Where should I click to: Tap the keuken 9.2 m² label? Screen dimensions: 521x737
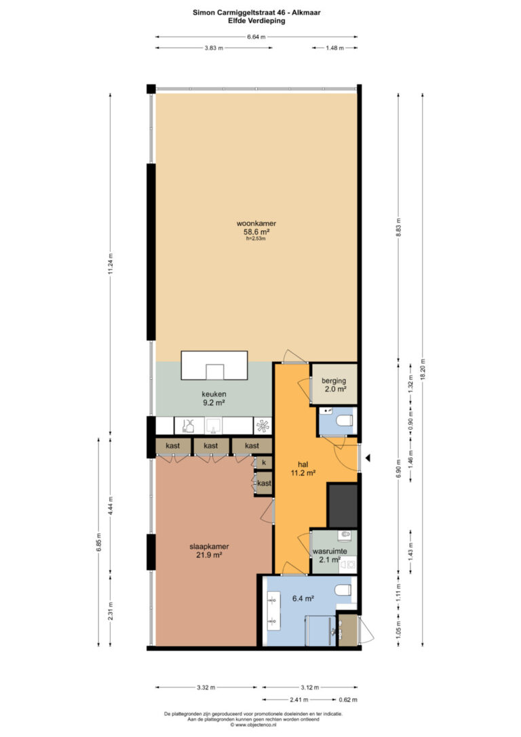click(214, 398)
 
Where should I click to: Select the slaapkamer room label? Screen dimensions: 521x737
click(209, 550)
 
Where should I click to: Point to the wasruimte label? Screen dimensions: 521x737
click(330, 551)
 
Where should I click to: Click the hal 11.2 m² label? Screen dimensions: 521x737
click(303, 469)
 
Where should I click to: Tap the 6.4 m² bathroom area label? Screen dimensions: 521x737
click(303, 599)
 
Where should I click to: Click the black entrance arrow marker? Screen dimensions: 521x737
click(368, 457)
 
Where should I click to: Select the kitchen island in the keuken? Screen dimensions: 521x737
click(214, 365)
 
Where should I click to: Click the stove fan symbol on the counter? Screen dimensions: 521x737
click(263, 426)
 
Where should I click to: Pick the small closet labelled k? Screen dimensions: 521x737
click(264, 463)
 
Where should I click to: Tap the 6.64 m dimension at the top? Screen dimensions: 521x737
click(256, 37)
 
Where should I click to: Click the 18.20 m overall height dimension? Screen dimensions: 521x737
click(423, 369)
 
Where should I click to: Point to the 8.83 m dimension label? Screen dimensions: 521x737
click(398, 227)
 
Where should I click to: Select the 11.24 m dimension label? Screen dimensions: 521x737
click(111, 264)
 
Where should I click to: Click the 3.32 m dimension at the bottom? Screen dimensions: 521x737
click(206, 687)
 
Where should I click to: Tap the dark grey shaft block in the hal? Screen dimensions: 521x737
click(343, 506)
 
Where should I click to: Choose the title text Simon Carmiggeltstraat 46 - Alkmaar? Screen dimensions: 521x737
click(256, 13)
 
